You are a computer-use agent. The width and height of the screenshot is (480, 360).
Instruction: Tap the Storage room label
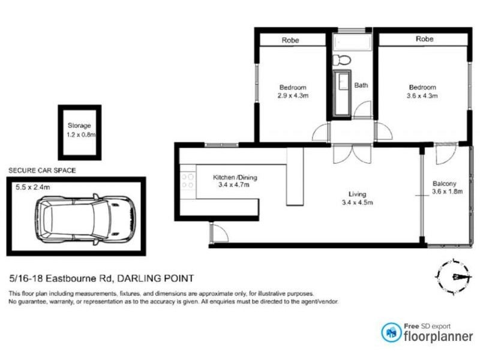79,126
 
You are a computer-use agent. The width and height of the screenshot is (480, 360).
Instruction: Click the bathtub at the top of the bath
352,43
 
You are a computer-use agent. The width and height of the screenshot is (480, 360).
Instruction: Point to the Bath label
361,85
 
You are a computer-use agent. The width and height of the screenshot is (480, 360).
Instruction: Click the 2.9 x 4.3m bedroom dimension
292,95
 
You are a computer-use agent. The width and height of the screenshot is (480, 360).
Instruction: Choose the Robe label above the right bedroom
424,39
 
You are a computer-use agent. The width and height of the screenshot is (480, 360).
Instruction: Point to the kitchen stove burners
187,181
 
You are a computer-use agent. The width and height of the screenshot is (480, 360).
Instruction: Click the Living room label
358,194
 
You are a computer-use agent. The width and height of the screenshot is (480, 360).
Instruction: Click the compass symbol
454,276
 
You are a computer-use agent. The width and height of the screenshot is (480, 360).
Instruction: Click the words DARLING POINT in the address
155,278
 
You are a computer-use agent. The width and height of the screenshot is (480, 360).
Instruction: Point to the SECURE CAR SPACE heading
42,170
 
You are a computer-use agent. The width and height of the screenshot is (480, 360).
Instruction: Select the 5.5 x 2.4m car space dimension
32,187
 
